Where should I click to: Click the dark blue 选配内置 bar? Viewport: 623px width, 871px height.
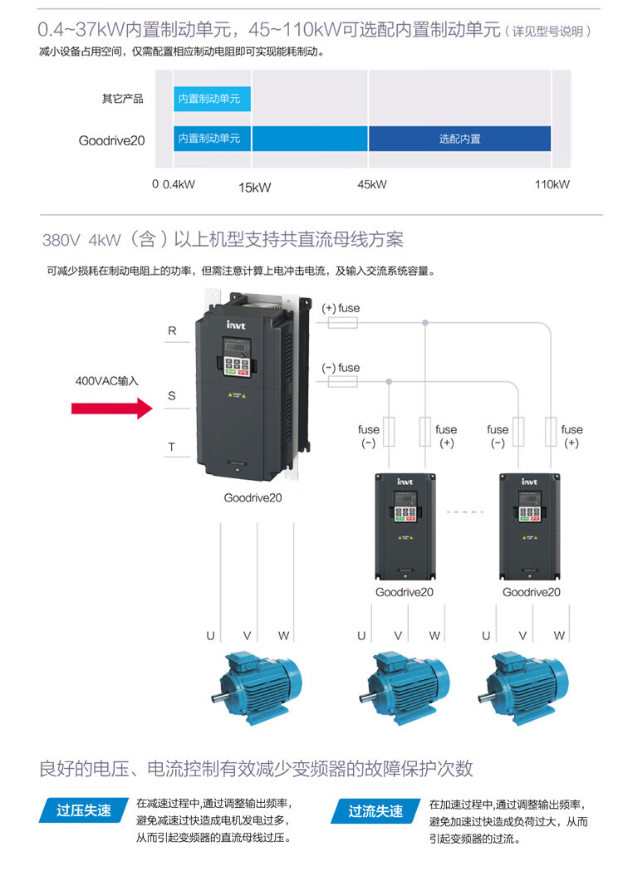click(x=459, y=139)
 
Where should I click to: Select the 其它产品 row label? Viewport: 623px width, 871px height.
click(x=123, y=99)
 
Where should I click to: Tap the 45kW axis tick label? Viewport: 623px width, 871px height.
click(x=370, y=184)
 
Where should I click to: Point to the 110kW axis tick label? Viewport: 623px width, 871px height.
click(x=552, y=184)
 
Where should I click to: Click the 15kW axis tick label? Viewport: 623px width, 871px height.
click(x=255, y=188)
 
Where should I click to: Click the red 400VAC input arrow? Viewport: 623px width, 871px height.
click(x=110, y=408)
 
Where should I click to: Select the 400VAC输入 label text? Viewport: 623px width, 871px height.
click(x=107, y=380)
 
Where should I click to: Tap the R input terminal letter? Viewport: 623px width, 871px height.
click(x=172, y=330)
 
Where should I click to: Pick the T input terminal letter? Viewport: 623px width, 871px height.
click(x=172, y=447)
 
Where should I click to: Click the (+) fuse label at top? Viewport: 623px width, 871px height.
click(x=341, y=308)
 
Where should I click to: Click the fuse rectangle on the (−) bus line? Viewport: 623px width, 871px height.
click(x=343, y=381)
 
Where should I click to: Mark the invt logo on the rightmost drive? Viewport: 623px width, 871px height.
click(x=529, y=482)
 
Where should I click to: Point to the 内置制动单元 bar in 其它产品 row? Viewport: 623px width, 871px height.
click(x=212, y=99)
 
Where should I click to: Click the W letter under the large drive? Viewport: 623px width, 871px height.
click(x=284, y=636)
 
